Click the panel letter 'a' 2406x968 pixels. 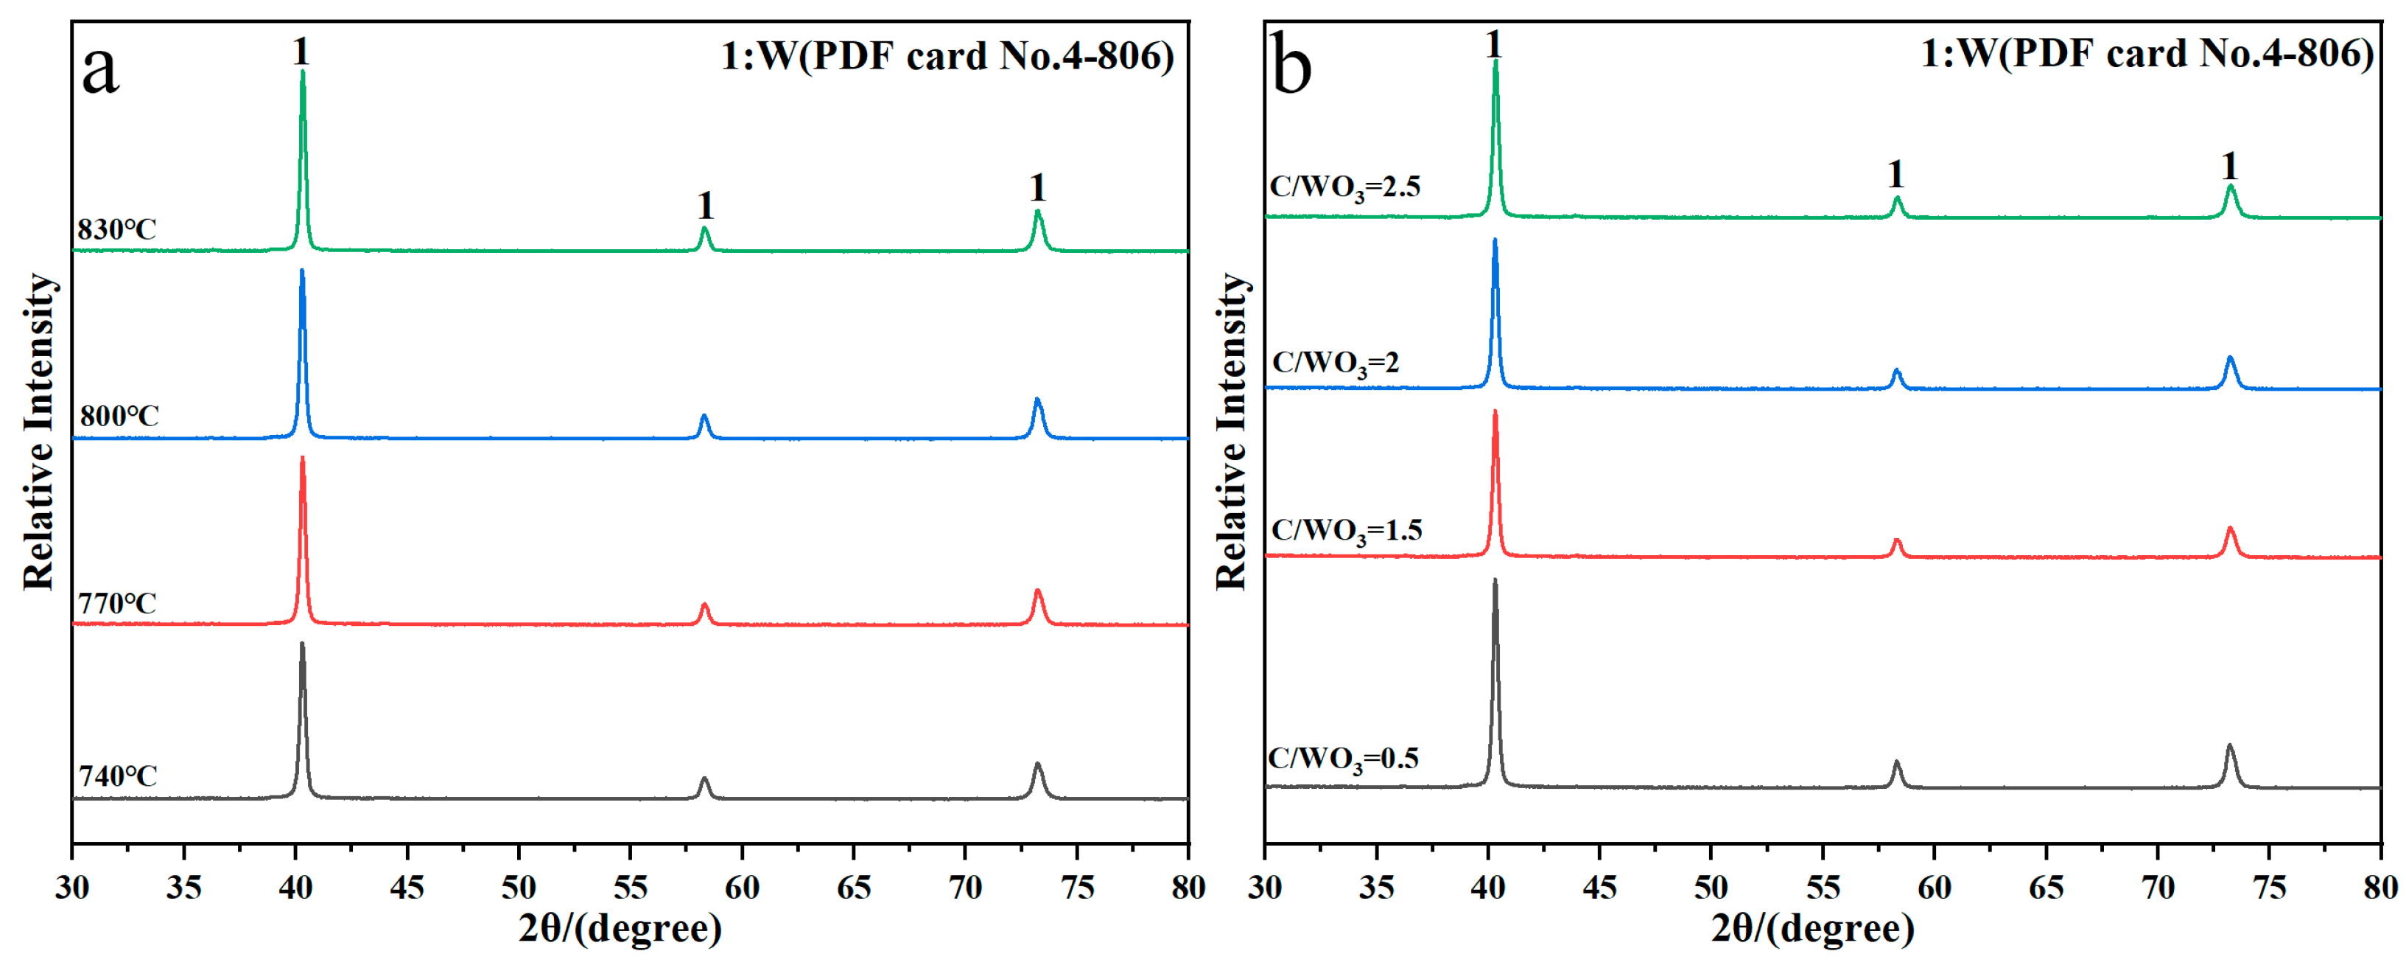coord(100,71)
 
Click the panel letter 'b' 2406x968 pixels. coord(1293,66)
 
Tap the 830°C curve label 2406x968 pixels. coord(116,229)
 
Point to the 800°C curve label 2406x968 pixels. coord(119,416)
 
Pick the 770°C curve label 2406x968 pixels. coord(116,604)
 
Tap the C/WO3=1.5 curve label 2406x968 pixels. coord(1346,531)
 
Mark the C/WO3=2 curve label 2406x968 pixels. coord(1336,363)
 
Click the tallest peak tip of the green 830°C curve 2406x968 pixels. coord(303,73)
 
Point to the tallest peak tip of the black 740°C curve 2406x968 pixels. coord(302,644)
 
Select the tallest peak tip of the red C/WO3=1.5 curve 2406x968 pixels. coord(1495,412)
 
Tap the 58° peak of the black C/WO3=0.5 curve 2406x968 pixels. coord(1897,762)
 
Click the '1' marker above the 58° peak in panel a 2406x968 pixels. coord(705,206)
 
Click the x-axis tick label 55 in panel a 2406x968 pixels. coord(631,887)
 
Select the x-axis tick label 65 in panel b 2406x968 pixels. coord(2046,887)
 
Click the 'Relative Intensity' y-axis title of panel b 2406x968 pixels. coord(1231,432)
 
